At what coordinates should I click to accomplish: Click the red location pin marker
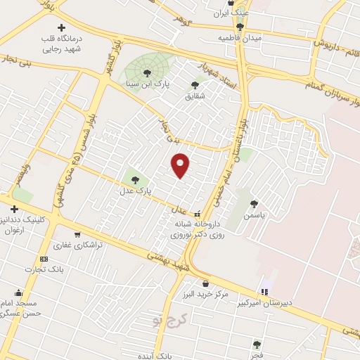click(181, 165)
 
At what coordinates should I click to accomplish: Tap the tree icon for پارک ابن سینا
click(147, 72)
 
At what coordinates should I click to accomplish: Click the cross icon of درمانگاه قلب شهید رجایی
click(60, 27)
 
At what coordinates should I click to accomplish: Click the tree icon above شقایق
click(195, 85)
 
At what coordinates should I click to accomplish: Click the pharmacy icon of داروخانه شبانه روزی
click(197, 214)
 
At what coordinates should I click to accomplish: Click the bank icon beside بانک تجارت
click(44, 259)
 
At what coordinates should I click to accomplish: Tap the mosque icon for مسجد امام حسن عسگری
click(18, 292)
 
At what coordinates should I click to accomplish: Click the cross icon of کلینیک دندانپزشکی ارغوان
click(14, 209)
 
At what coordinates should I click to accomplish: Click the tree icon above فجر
click(257, 345)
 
